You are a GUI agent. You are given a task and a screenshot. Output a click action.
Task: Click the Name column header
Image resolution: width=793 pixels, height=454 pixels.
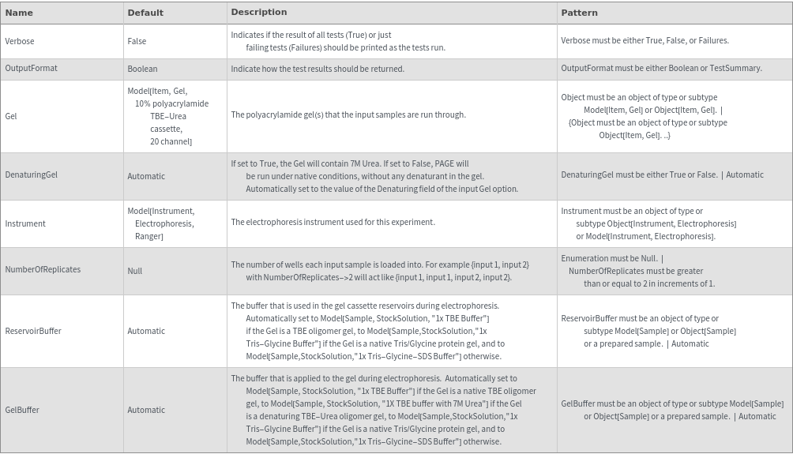19,13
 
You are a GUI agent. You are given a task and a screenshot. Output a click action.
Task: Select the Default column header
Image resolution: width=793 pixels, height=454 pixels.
145,13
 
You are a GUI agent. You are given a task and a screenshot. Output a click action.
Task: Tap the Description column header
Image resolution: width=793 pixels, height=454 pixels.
258,12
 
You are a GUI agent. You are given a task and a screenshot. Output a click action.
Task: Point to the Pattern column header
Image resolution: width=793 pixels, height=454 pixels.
579,13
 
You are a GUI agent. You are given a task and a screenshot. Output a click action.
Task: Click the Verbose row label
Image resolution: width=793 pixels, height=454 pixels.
20,41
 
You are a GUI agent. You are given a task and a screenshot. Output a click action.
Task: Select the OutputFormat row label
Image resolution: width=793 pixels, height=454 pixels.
31,68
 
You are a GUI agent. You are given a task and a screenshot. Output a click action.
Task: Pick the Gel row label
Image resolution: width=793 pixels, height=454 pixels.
11,116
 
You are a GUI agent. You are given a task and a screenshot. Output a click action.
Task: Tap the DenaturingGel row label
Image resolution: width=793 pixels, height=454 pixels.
31,174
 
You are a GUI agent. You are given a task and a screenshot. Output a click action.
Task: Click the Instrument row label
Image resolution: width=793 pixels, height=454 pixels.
25,223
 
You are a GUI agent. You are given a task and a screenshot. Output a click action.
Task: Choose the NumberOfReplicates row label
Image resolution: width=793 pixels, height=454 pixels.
43,269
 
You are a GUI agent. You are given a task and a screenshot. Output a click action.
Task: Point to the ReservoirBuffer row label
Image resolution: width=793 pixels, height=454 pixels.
33,331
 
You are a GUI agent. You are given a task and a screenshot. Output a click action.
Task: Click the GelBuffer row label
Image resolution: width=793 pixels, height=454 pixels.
22,410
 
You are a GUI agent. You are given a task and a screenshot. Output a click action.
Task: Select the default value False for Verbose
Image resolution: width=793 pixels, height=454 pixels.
137,41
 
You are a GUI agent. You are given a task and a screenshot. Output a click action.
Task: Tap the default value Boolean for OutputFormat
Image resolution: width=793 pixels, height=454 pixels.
142,69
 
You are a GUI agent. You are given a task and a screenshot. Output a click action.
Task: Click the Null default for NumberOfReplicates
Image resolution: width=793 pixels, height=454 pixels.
135,271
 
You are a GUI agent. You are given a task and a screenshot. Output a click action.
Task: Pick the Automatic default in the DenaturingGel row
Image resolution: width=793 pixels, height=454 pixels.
146,176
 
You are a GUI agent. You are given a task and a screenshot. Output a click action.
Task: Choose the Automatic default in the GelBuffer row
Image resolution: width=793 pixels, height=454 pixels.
146,410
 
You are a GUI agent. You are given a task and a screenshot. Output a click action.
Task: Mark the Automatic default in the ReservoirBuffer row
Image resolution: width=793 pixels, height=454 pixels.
146,331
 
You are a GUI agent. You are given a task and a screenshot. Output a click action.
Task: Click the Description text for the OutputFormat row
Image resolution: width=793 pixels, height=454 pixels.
318,69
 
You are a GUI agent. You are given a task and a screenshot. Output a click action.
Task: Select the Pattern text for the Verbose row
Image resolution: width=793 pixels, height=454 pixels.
645,40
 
